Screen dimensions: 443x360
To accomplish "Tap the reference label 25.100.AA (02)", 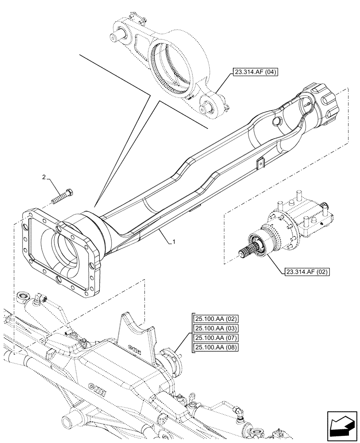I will click(x=215, y=319).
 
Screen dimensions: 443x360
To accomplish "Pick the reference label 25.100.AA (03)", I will click(x=215, y=328).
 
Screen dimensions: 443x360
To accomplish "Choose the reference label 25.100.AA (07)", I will click(x=215, y=338).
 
